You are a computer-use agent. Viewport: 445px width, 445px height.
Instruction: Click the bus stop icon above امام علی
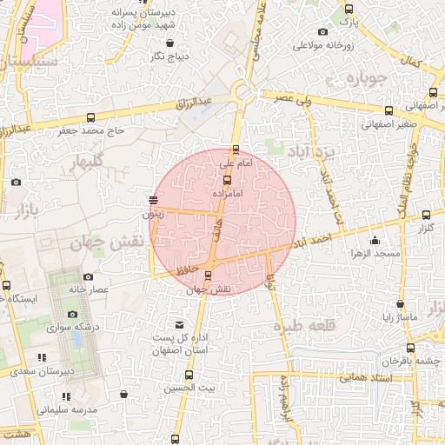click(236, 149)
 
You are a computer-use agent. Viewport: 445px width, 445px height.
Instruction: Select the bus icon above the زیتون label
click(153, 201)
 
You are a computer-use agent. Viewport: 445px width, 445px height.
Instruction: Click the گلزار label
click(426, 228)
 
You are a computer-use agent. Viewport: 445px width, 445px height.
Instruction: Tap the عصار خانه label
click(88, 289)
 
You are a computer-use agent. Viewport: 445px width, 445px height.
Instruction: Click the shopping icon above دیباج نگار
click(169, 42)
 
